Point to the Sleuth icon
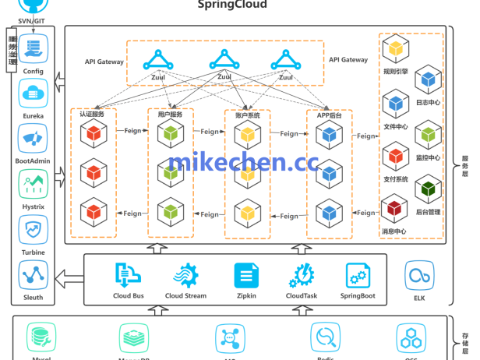coord(33,275)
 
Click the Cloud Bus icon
coord(128,276)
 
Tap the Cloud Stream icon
coord(185,276)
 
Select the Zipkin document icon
coord(246,276)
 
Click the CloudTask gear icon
coord(302,276)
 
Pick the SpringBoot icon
coord(358,276)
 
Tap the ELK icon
coord(418,276)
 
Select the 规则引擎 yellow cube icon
coord(396,50)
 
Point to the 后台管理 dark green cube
coord(428,189)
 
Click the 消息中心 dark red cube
coord(394,209)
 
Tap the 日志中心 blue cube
coord(428,79)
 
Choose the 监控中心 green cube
coord(428,136)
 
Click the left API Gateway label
coord(104,61)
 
